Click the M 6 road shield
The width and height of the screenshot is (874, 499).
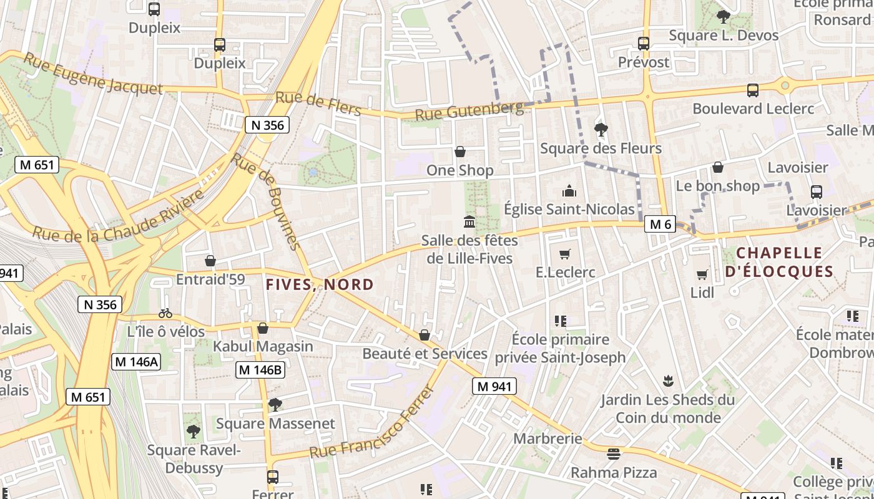click(x=660, y=225)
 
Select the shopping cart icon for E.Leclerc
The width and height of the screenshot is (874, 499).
click(x=565, y=254)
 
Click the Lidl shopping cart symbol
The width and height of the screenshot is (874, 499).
click(x=702, y=274)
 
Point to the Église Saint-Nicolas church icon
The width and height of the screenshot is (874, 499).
click(x=569, y=191)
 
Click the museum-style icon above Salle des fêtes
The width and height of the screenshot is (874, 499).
click(x=469, y=222)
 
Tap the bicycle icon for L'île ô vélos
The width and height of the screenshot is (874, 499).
click(x=165, y=313)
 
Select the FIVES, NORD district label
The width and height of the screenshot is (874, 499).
click(x=320, y=284)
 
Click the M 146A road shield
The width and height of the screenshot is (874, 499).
click(x=136, y=361)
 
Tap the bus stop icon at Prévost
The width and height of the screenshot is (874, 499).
click(x=644, y=44)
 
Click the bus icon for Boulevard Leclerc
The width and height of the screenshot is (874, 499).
click(x=753, y=90)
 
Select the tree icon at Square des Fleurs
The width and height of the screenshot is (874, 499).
click(x=601, y=130)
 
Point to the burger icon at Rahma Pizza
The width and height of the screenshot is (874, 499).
click(x=614, y=453)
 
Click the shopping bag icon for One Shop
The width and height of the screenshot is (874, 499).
click(x=460, y=152)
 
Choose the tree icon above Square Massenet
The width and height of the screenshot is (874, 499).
click(x=275, y=405)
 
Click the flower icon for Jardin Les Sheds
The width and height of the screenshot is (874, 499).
click(x=668, y=380)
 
